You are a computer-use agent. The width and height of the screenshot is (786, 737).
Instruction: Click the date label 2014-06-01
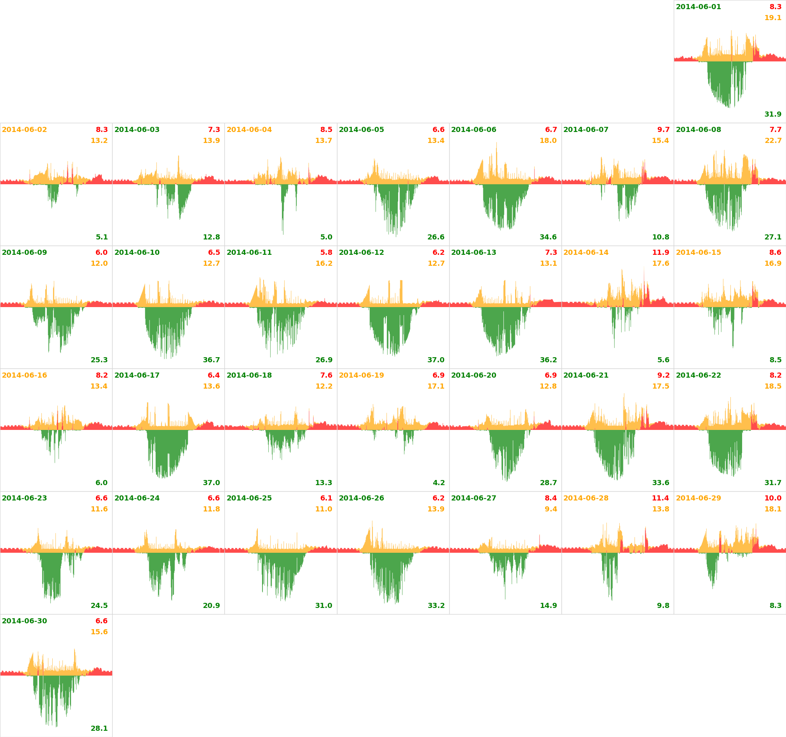(x=698, y=7)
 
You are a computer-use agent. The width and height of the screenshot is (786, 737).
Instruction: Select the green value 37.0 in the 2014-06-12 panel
(x=436, y=360)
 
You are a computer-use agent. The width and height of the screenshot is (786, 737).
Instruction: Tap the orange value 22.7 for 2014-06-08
(x=773, y=140)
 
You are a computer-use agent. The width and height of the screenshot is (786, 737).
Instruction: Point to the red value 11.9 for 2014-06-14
(x=661, y=252)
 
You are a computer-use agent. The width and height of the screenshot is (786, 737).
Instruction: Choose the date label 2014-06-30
(x=24, y=621)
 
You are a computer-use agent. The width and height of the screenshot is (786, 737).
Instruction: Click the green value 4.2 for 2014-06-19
(x=439, y=483)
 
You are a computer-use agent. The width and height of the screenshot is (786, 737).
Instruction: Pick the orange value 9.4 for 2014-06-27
(x=551, y=509)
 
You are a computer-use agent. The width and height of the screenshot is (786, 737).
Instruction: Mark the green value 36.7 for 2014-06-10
(x=212, y=360)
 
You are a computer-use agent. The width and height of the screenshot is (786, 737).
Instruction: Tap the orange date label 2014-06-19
(x=361, y=375)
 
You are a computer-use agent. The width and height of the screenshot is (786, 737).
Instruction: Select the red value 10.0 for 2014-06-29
(x=773, y=498)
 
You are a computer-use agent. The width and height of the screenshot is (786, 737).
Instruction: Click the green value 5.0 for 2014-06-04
(x=326, y=237)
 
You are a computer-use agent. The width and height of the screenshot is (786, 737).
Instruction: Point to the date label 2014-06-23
(x=24, y=498)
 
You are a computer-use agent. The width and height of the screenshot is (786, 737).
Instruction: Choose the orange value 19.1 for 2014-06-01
(x=773, y=18)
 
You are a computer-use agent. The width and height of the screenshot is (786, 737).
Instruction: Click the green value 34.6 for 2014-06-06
(x=548, y=237)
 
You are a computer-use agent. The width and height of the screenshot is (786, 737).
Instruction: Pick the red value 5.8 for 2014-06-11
(x=326, y=252)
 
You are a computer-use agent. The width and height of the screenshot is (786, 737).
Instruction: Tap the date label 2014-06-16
(x=24, y=375)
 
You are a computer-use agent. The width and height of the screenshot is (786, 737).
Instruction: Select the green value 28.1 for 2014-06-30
(x=99, y=728)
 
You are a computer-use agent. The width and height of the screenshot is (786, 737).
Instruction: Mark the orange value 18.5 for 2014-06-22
(x=773, y=386)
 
